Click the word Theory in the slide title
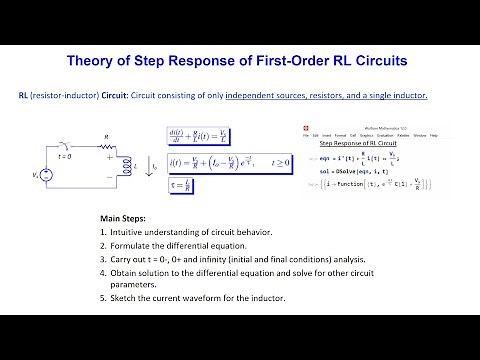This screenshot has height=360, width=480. point(92,59)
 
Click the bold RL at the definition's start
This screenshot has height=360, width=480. point(24,95)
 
